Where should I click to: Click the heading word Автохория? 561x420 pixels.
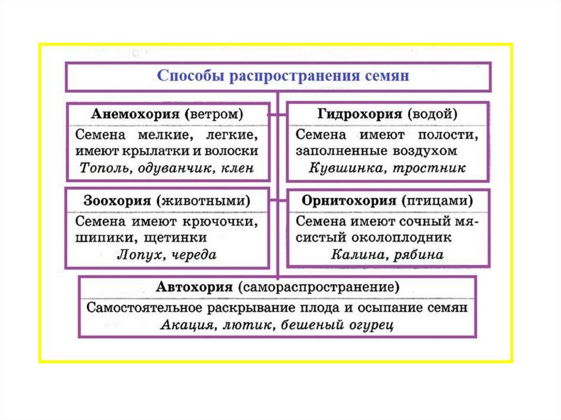[x=194, y=286]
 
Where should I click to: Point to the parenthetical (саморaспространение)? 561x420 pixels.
[x=317, y=286]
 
